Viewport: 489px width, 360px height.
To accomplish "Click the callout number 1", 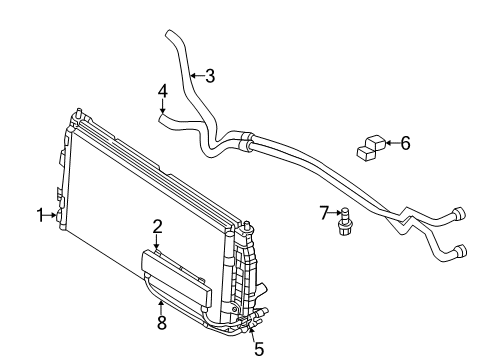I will [x=42, y=214].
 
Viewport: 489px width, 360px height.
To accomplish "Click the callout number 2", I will [x=157, y=227].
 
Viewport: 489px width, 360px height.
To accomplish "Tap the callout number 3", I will [x=209, y=74].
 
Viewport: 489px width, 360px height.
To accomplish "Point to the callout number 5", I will [x=258, y=349].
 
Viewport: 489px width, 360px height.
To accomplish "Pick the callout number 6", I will [x=405, y=143].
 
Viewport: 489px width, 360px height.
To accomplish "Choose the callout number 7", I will [x=324, y=211].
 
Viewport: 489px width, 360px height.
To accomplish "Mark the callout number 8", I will [x=161, y=322].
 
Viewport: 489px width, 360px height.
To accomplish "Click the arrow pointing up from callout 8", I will [x=161, y=306].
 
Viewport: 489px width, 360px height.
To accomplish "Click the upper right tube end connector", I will [x=459, y=211].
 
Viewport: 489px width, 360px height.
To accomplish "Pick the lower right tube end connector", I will [x=460, y=250].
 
